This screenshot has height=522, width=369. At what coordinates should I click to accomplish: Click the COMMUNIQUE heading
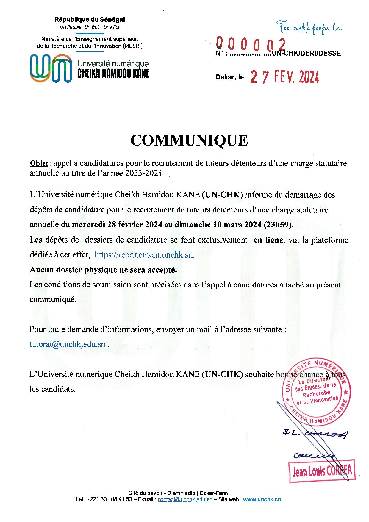pyautogui.click(x=189, y=140)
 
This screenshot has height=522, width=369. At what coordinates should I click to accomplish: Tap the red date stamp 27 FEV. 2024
pyautogui.click(x=285, y=77)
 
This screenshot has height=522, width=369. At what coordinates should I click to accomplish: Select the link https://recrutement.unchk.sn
pyautogui.click(x=145, y=255)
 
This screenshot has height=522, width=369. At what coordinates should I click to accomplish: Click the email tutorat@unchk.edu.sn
pyautogui.click(x=67, y=344)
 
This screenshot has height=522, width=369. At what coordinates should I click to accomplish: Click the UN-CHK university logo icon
pyautogui.click(x=51, y=68)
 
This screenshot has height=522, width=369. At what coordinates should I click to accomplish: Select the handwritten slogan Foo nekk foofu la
pyautogui.click(x=309, y=28)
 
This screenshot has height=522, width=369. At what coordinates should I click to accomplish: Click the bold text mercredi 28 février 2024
pyautogui.click(x=117, y=225)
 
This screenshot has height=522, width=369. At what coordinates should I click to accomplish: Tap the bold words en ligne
pyautogui.click(x=268, y=240)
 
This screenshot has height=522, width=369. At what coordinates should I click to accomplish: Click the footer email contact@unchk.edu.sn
pyautogui.click(x=185, y=499)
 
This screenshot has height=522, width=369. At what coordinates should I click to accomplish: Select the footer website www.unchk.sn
pyautogui.click(x=262, y=499)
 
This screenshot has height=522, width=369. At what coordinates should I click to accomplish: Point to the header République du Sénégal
pyautogui.click(x=90, y=20)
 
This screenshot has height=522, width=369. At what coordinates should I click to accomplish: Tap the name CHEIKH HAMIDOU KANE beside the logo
pyautogui.click(x=113, y=74)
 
